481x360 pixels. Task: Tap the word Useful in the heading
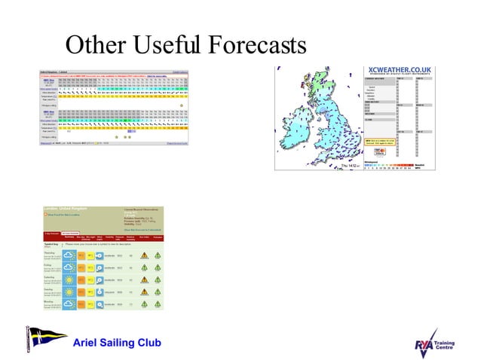[x=159, y=46]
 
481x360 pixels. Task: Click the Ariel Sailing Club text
[x=117, y=343]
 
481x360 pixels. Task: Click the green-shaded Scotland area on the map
[x=324, y=90]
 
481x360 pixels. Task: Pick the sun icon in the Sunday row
[x=67, y=291]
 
